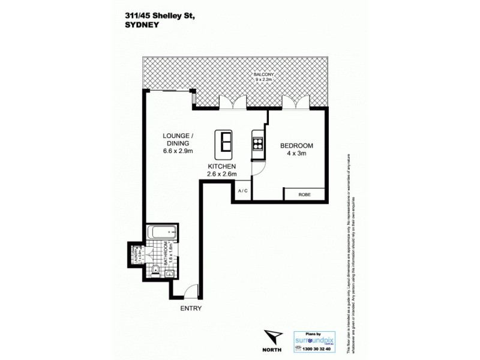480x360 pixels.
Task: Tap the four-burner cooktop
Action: click(259, 143)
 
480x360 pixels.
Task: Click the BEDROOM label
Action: click(296, 146)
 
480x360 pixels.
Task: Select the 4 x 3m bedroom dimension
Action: click(296, 154)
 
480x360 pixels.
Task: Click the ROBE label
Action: click(304, 194)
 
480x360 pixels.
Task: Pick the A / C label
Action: click(243, 191)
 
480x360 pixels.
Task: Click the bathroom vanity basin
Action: click(170, 273)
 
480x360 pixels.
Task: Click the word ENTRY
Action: click(191, 308)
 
